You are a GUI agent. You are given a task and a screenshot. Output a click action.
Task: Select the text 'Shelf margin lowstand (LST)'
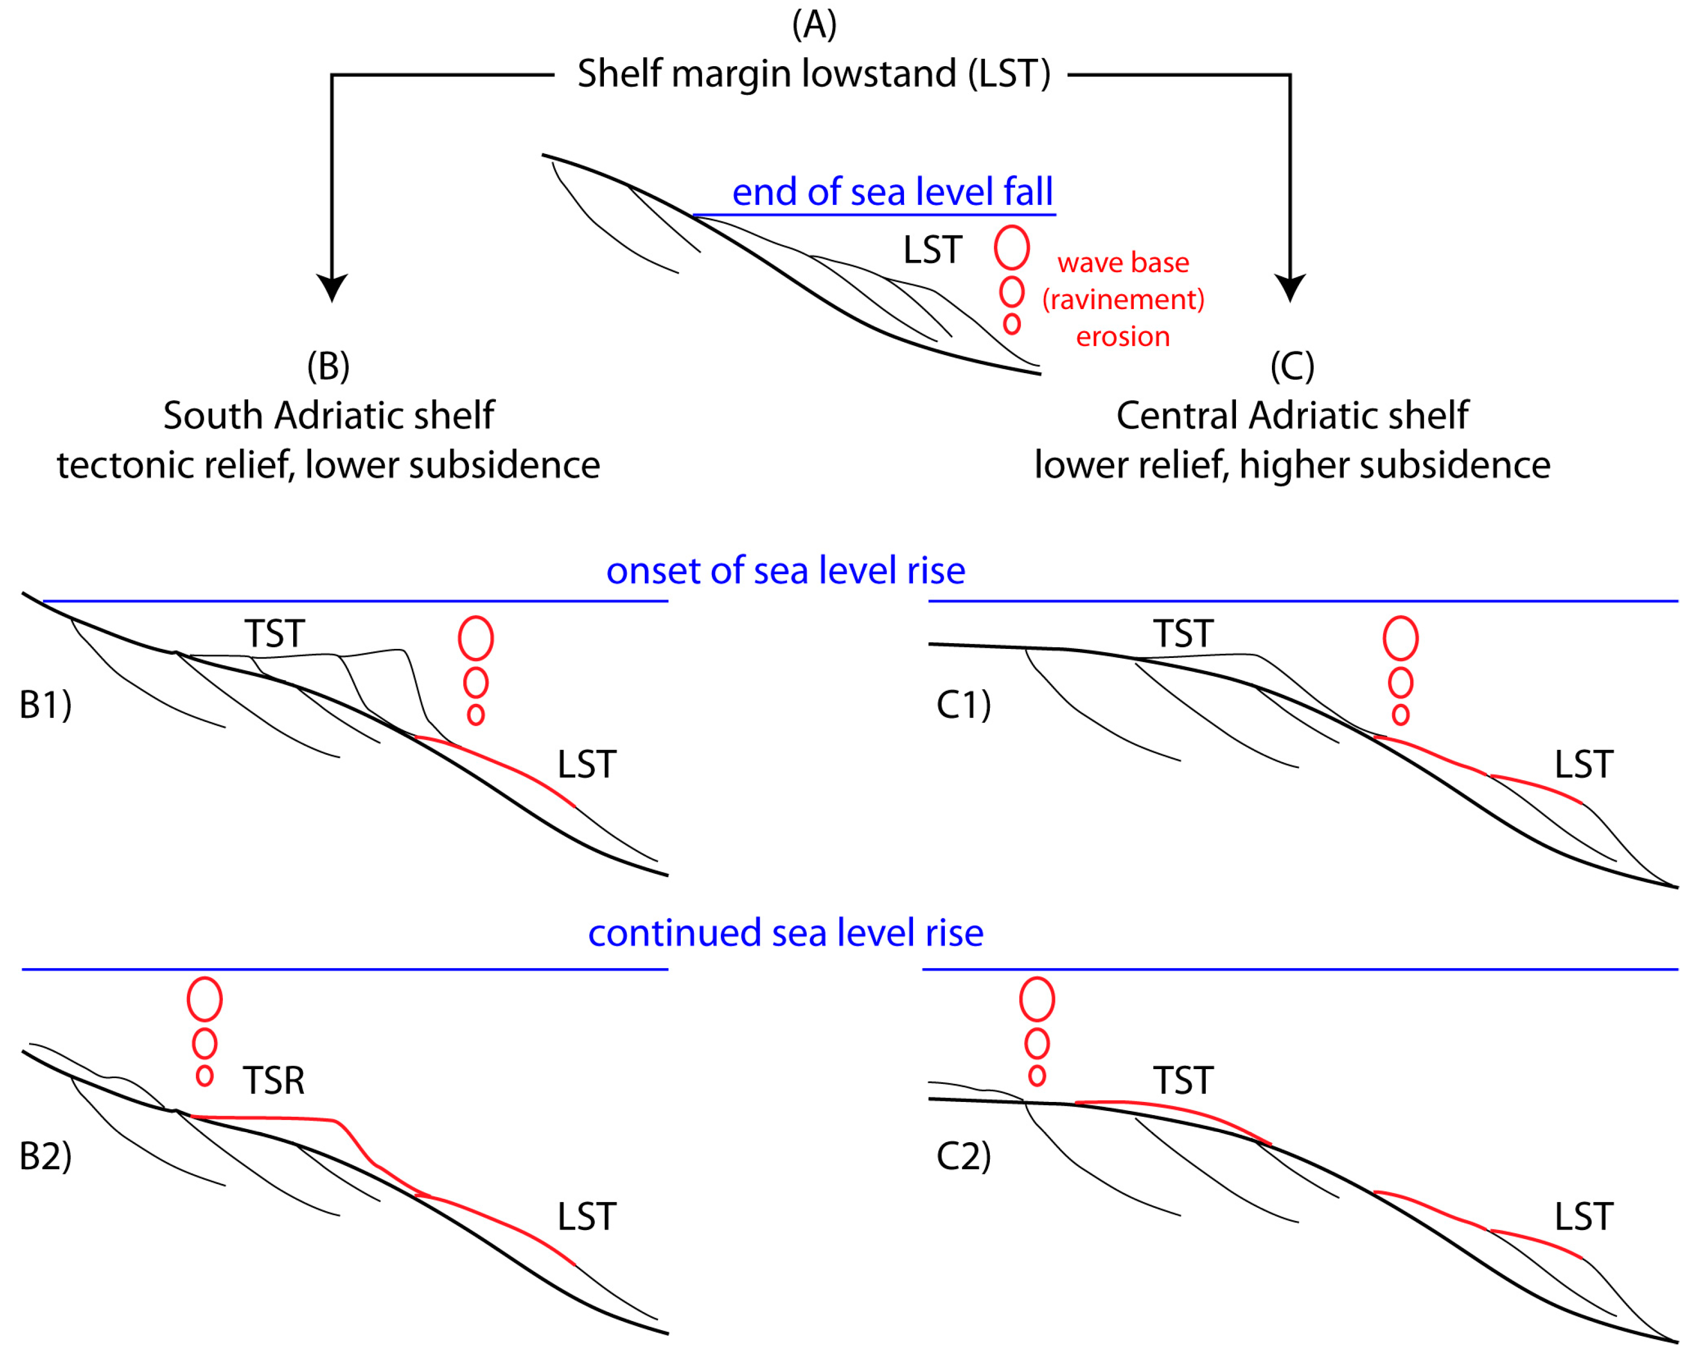pyautogui.click(x=814, y=74)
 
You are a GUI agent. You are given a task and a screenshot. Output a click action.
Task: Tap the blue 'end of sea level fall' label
pyautogui.click(x=892, y=192)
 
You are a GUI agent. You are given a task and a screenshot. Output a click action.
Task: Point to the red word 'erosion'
pyautogui.click(x=1123, y=337)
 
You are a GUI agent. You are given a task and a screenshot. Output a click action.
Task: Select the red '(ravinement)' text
pyautogui.click(x=1123, y=299)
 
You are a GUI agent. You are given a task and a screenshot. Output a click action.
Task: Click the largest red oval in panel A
pyautogui.click(x=1012, y=247)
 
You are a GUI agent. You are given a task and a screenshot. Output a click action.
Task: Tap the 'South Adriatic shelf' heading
pyautogui.click(x=329, y=415)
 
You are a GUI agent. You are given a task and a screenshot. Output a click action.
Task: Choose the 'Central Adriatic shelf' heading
pyautogui.click(x=1292, y=415)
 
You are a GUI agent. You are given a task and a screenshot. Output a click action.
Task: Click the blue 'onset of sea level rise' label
pyautogui.click(x=785, y=571)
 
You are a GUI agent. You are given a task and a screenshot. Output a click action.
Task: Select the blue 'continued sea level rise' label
pyautogui.click(x=785, y=933)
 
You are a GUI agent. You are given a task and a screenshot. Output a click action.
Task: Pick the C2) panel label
pyautogui.click(x=963, y=1156)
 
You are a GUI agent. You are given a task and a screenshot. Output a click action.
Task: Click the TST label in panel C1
pyautogui.click(x=1183, y=634)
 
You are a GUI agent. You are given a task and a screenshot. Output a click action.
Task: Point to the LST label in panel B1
pyautogui.click(x=586, y=765)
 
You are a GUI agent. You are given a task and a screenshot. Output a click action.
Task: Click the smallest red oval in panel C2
pyautogui.click(x=1037, y=1076)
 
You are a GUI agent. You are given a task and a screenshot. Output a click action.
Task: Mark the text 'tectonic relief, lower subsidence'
pyautogui.click(x=329, y=465)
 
